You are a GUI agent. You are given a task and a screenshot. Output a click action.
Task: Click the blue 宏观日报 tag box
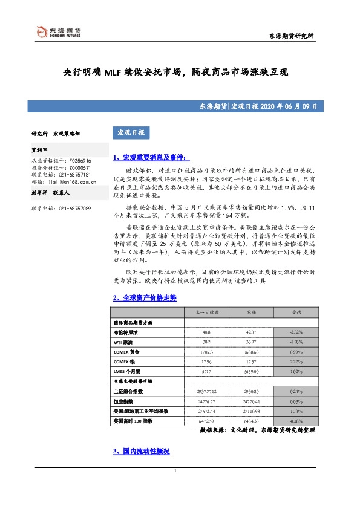(x=131, y=132)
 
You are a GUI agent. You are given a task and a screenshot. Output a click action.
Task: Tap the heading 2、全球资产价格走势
(x=145, y=298)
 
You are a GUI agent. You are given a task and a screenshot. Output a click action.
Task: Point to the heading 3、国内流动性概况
(x=142, y=452)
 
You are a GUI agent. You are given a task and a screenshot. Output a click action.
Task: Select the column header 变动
(x=298, y=313)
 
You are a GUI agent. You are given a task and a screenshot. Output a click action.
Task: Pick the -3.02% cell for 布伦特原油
(x=298, y=332)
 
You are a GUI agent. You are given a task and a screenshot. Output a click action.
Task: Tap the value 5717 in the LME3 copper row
(x=206, y=371)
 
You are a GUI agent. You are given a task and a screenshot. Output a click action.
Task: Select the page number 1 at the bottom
(x=175, y=488)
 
